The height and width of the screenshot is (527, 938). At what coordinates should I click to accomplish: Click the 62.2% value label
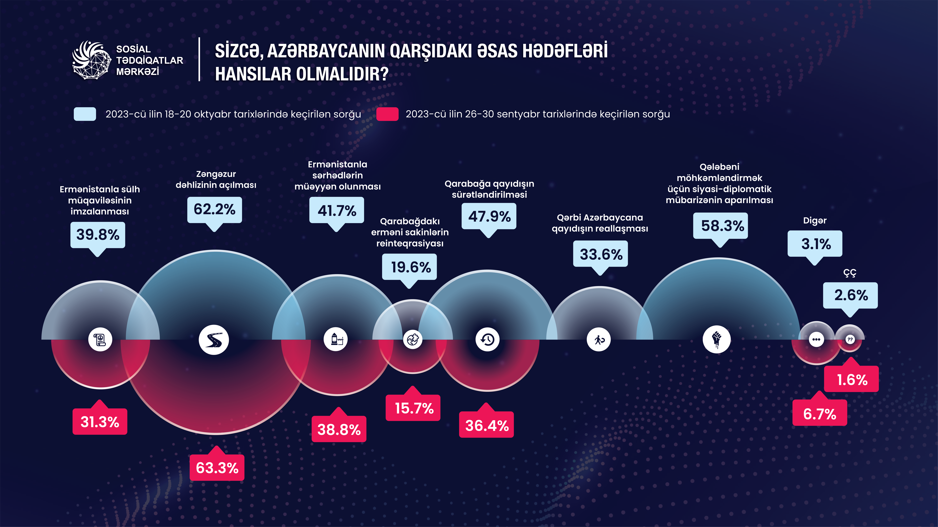[x=214, y=210]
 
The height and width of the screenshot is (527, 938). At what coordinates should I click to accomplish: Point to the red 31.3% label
[x=100, y=422]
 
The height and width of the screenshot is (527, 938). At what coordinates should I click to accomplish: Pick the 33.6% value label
[x=601, y=254]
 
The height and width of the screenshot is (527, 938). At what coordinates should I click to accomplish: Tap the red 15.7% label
[x=414, y=408]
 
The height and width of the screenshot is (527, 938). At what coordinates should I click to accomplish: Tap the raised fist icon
[x=716, y=339]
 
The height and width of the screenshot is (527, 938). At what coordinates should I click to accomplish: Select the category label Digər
[x=815, y=221]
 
